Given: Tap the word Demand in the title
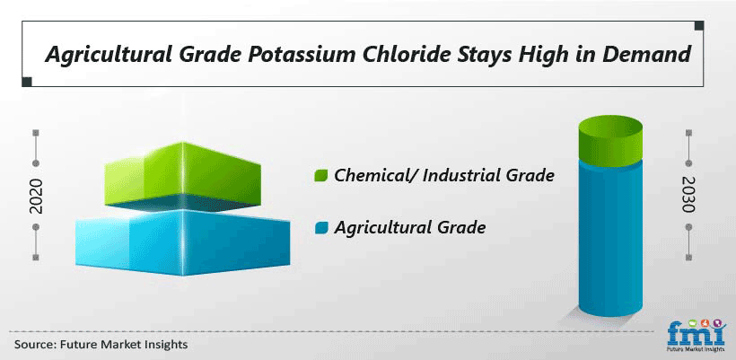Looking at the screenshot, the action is tap(647, 55).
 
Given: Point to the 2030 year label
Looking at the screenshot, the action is tap(688, 194).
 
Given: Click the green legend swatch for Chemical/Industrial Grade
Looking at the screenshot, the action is tap(321, 176).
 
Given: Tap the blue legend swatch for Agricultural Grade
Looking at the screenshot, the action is tap(321, 229).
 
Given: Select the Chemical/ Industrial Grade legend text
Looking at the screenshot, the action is tap(444, 176).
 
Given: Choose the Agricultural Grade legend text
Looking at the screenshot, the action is tap(409, 229).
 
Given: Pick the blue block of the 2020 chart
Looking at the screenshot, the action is tap(182, 242).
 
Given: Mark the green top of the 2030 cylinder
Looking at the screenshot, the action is tap(610, 139).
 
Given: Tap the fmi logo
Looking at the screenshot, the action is tap(696, 334).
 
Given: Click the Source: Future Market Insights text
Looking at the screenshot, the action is tap(101, 345).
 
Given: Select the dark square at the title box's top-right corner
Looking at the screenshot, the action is tap(699, 25).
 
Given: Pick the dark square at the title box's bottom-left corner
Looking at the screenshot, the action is tap(27, 82).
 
